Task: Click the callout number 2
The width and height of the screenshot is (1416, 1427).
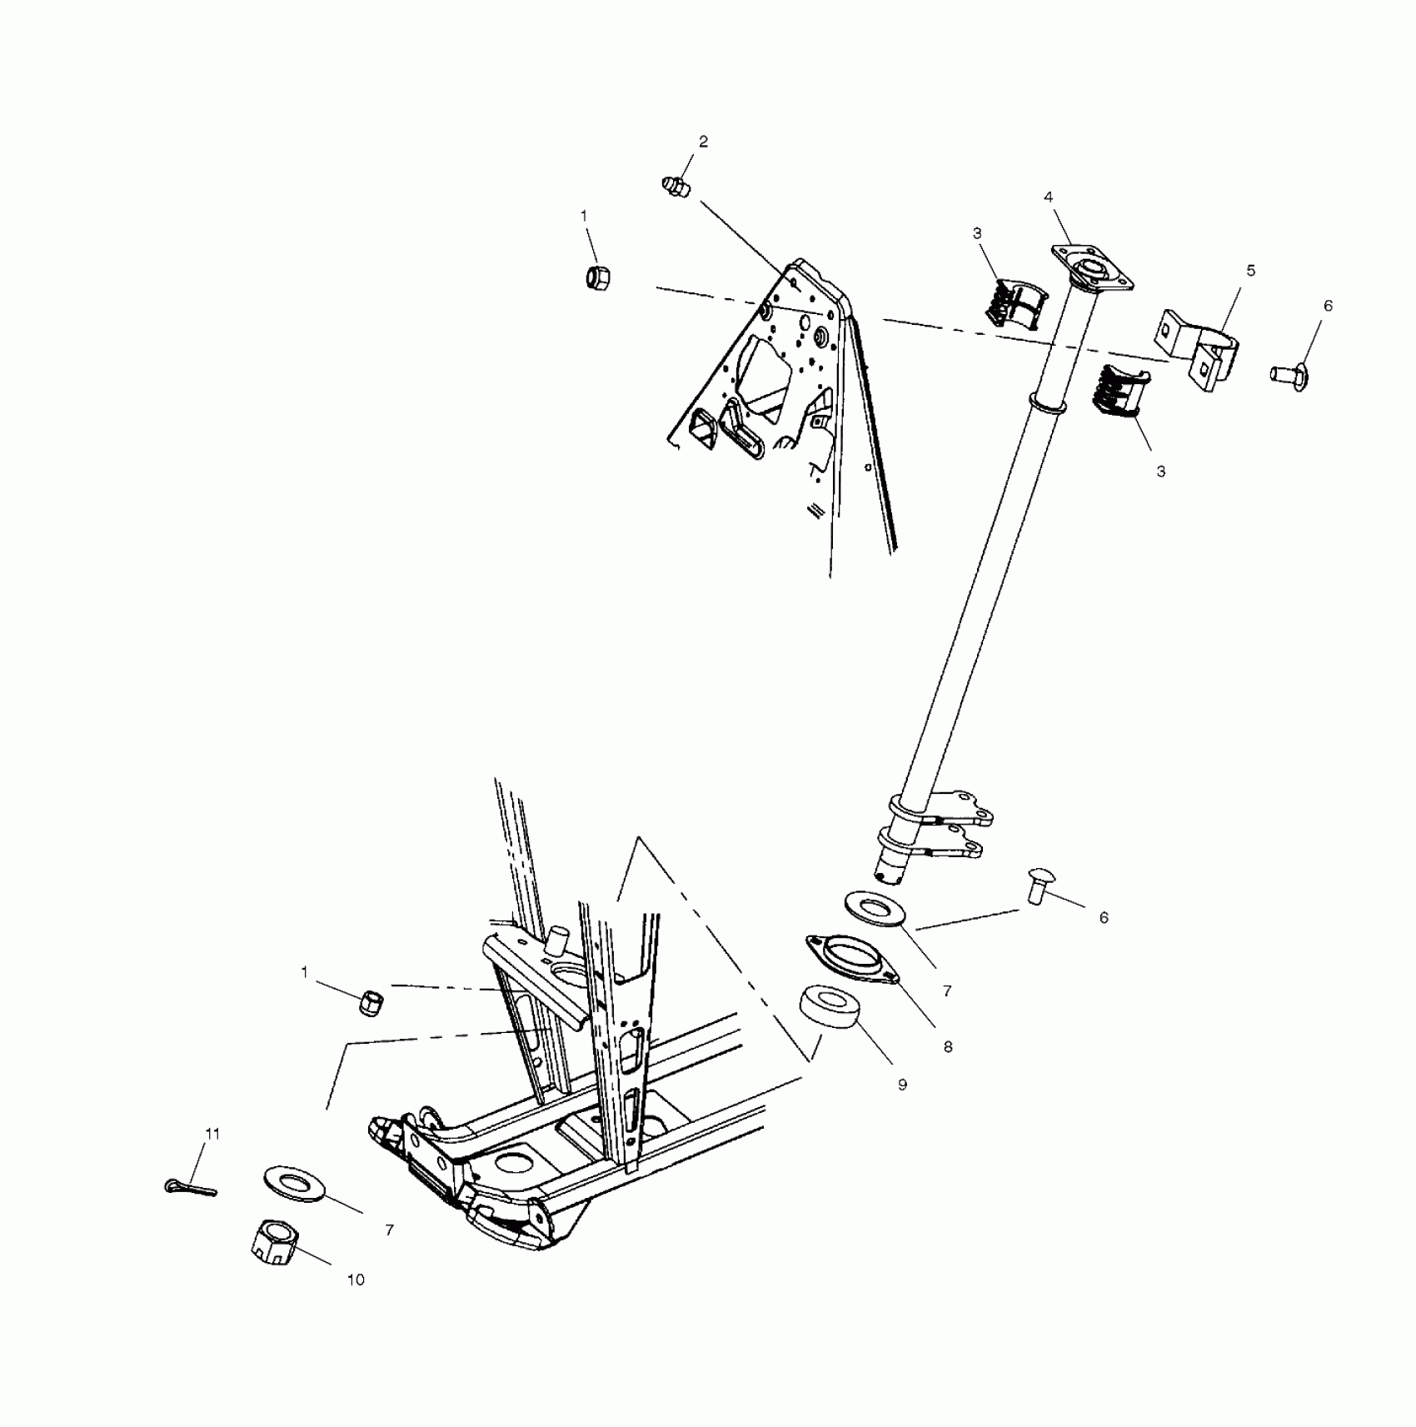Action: tap(703, 142)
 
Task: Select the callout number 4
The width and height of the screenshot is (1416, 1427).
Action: tap(1049, 197)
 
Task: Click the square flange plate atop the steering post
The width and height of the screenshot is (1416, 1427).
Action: tap(1093, 269)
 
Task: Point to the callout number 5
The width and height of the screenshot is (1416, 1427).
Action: tap(1250, 271)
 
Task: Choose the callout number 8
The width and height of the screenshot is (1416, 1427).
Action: tap(948, 1047)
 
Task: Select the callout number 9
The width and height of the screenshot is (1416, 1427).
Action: tap(902, 1085)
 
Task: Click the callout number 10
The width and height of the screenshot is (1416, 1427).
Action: tap(356, 1280)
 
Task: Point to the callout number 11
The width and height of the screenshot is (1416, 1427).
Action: tap(212, 1134)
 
